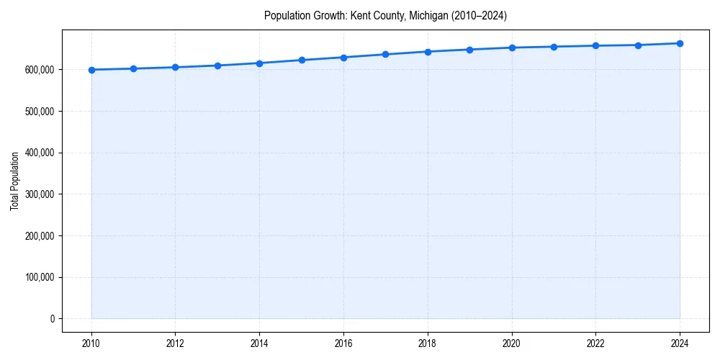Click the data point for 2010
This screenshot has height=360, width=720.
coord(91,70)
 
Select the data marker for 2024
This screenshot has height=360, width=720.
coord(680,43)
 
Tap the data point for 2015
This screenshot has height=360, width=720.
coord(302,60)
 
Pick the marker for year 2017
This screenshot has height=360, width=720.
coord(386,54)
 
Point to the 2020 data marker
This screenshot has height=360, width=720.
coord(512,48)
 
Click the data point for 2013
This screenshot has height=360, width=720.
coord(217,66)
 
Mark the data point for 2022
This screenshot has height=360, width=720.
coord(595,45)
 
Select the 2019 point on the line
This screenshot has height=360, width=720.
coord(469,50)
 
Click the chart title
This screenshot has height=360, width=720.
coord(385,15)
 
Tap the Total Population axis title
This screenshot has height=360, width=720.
coord(14,181)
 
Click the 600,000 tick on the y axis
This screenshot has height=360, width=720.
coord(40,70)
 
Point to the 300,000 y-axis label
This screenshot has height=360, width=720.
coord(40,194)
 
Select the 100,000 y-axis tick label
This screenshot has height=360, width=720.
coord(40,277)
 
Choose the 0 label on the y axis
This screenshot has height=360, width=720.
coord(52,319)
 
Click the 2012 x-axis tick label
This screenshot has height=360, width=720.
coord(175,343)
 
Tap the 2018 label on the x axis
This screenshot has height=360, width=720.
coord(428,343)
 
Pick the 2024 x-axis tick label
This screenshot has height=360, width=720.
coord(680,343)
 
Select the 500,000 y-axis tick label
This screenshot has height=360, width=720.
coord(40,112)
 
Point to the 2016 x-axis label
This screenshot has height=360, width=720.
coord(343,343)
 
